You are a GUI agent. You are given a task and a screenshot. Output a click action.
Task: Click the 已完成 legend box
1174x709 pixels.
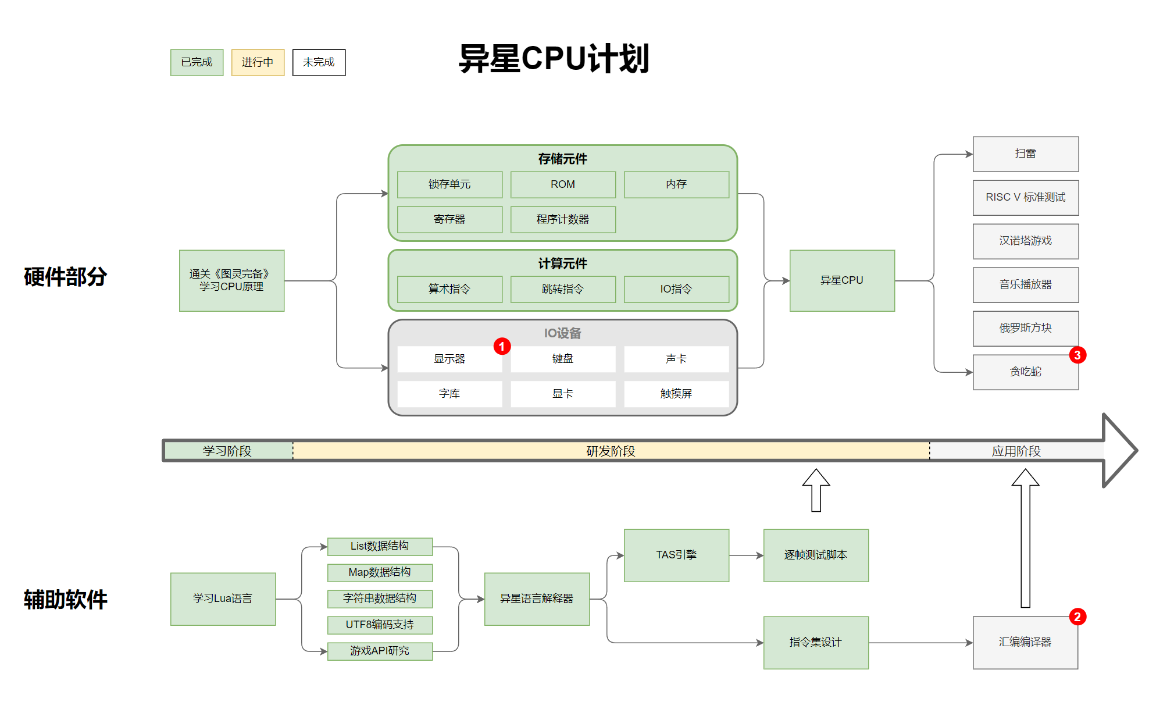[x=197, y=62]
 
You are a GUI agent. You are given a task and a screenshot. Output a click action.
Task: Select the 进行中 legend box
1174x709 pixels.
[x=258, y=62]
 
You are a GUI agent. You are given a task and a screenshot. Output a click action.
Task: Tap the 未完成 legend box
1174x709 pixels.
[x=319, y=62]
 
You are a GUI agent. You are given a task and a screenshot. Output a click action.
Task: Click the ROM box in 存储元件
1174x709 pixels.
[x=563, y=184]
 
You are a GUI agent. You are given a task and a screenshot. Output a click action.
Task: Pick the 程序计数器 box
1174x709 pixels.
[x=563, y=219]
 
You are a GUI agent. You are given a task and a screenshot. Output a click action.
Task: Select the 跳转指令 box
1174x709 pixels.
[x=563, y=289]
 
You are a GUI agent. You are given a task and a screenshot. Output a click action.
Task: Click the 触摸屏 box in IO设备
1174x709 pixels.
[x=676, y=394]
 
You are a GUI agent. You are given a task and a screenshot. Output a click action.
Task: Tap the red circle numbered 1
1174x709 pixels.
[x=502, y=347]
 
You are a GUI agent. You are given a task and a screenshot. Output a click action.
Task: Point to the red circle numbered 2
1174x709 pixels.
[x=1077, y=617]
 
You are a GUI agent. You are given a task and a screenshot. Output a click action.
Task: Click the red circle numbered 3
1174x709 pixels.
[x=1077, y=355]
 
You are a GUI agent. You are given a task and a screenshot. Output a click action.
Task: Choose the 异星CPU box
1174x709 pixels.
[x=842, y=280]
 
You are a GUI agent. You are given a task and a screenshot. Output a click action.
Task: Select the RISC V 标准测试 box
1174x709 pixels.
[x=1026, y=198]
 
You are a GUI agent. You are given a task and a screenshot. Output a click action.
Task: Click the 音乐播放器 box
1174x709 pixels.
[x=1026, y=285]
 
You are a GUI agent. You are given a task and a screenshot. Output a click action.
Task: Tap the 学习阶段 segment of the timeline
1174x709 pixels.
[x=227, y=451]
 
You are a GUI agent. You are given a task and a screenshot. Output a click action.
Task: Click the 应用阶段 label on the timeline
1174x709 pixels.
[x=1016, y=451]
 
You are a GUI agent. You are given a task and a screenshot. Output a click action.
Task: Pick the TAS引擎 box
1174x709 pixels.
[x=676, y=555]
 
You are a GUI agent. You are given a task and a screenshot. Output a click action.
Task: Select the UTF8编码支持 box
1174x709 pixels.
[x=380, y=625]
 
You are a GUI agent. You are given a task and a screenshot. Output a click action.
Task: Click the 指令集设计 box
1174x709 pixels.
[x=816, y=642]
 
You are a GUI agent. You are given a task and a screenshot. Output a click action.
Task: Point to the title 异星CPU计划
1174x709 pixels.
[x=554, y=59]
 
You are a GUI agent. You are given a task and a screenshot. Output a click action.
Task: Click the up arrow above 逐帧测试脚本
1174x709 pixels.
[x=816, y=490]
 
